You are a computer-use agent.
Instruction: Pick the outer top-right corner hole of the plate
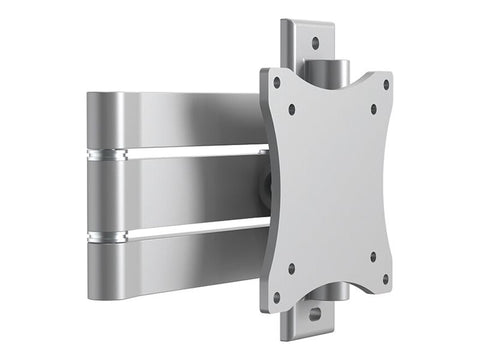pos(386,85)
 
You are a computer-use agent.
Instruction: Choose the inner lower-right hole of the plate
pos(372,257)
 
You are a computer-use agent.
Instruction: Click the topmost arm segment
pos(170,119)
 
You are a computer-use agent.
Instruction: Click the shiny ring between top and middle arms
pos(108,156)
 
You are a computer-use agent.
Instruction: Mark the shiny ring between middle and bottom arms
pos(108,237)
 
